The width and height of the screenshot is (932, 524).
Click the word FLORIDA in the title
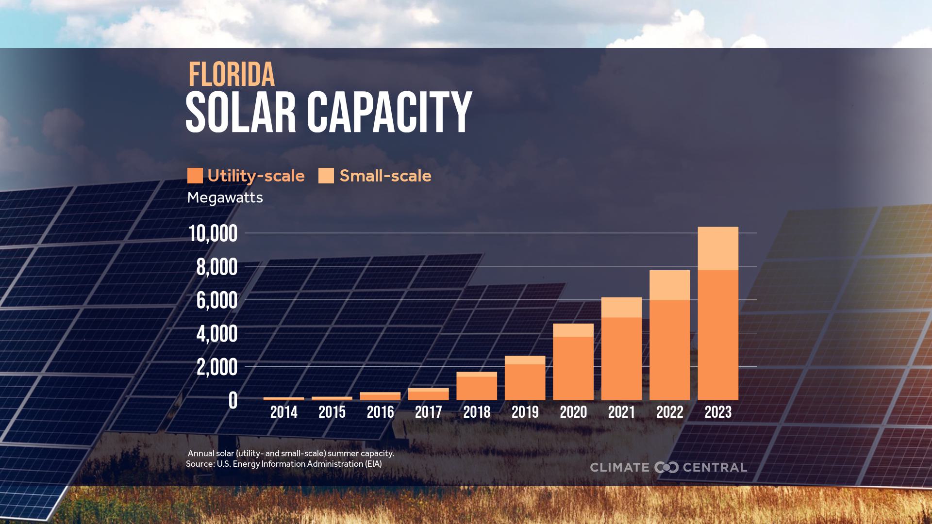click(x=232, y=75)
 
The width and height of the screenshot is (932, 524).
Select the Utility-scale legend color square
click(x=195, y=176)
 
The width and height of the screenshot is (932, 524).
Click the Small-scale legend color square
click(x=326, y=176)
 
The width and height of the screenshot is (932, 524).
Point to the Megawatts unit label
click(x=225, y=198)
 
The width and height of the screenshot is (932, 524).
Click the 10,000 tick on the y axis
click(x=213, y=234)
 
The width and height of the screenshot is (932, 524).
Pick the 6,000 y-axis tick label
click(x=216, y=301)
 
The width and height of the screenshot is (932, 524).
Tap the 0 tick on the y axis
click(x=233, y=401)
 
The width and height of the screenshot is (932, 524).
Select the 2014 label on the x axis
click(x=283, y=412)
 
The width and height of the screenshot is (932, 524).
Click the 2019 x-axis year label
click(x=525, y=412)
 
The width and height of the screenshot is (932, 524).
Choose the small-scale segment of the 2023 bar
click(x=717, y=248)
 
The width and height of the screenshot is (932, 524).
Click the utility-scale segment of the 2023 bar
click(x=717, y=335)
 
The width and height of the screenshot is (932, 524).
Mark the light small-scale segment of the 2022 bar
click(x=669, y=285)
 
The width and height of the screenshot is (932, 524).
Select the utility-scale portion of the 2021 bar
click(x=621, y=359)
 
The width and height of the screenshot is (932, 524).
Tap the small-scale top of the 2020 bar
click(x=573, y=330)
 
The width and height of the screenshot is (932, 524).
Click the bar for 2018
click(x=477, y=387)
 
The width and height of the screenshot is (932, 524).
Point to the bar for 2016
click(x=380, y=396)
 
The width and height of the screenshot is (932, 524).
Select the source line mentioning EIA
click(x=283, y=464)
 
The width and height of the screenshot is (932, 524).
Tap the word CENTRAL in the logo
click(x=715, y=468)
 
